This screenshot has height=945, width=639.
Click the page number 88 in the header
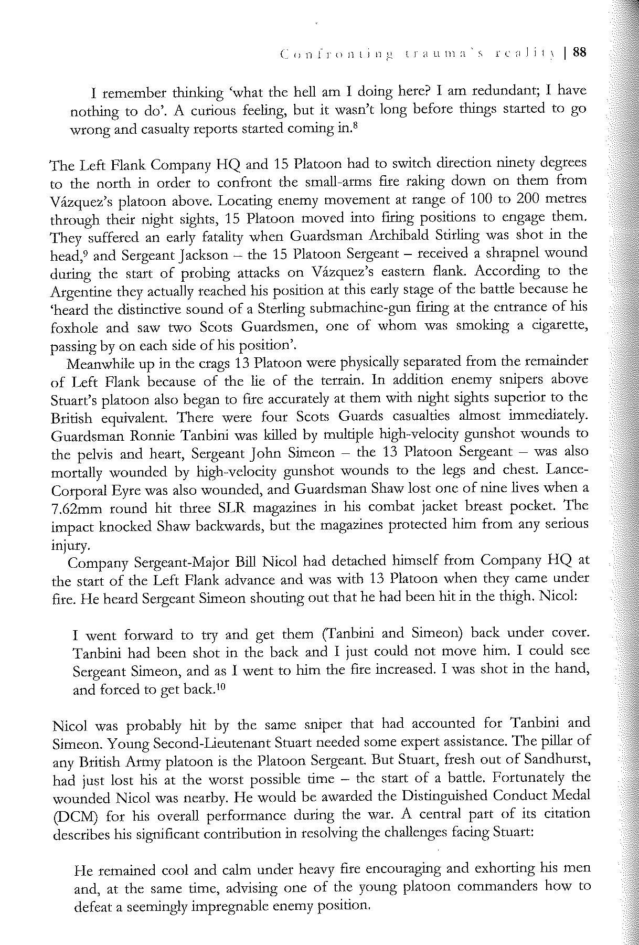point(580,52)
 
